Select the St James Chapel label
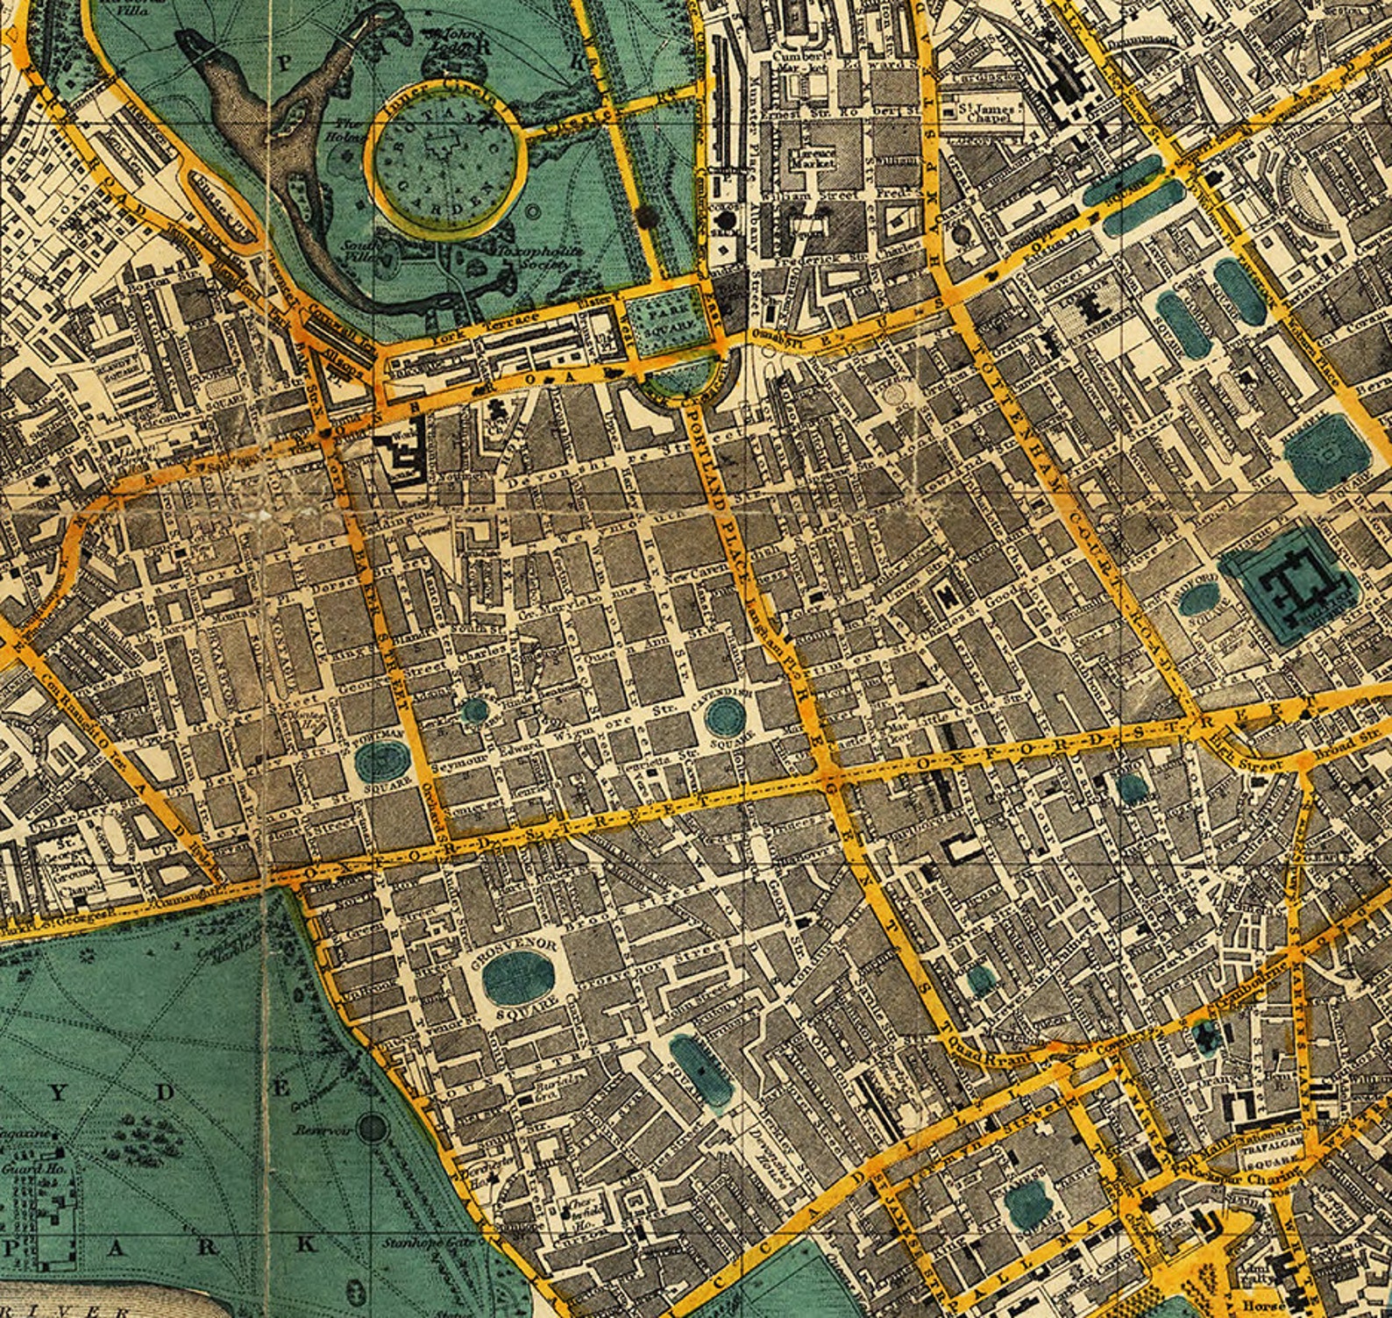tap(985, 111)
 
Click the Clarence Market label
tap(814, 156)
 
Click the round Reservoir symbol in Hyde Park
tap(373, 1128)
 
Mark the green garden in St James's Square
tap(1027, 1203)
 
